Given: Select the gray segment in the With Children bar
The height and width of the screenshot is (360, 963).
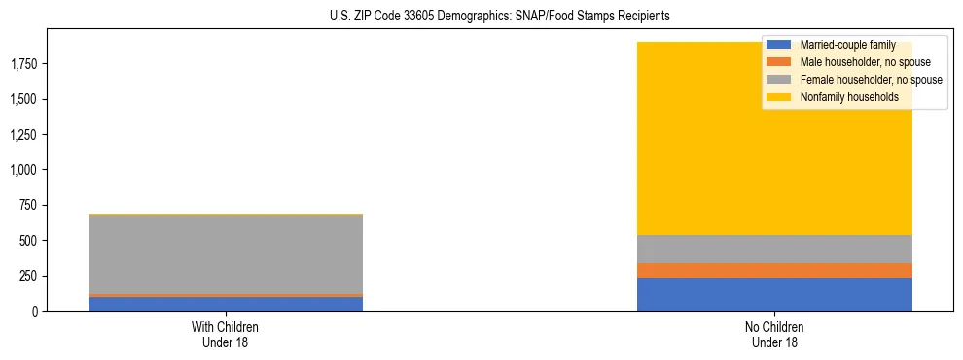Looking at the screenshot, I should tap(226, 254).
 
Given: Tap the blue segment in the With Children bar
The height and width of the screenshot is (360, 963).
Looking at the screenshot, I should tap(226, 304).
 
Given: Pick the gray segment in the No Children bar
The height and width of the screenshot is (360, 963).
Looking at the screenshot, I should tap(774, 249).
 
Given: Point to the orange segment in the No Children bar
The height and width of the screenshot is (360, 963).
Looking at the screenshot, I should tap(774, 270).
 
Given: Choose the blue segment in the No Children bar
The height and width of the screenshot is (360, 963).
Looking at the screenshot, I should tap(774, 295).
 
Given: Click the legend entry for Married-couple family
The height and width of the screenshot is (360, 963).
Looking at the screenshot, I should tap(846, 45).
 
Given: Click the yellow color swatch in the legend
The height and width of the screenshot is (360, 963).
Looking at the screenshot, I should tap(779, 97).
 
